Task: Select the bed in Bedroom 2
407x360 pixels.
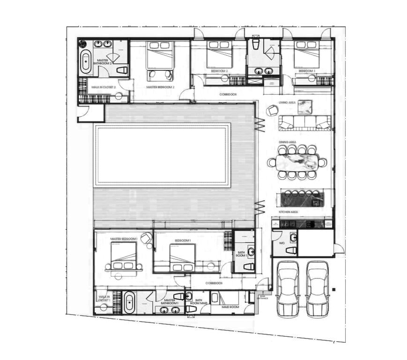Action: [219, 55]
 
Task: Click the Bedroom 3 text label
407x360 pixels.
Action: [307, 70]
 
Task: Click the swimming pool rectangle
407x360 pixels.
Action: [162, 155]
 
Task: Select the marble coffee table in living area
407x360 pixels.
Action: [305, 106]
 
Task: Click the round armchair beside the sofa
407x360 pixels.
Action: [273, 111]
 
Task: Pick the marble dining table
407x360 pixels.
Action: [297, 162]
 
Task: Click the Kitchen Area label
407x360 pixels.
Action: [289, 212]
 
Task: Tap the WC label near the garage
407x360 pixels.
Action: [282, 244]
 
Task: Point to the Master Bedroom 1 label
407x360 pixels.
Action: [123, 239]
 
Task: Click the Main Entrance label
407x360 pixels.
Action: [263, 297]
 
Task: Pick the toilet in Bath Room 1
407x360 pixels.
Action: [248, 267]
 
